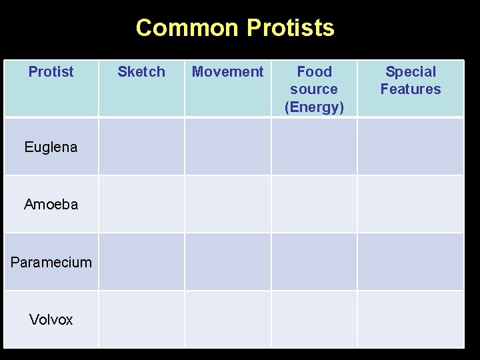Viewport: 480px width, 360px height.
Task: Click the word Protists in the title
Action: [x=290, y=28]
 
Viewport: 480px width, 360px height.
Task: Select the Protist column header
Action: [x=51, y=72]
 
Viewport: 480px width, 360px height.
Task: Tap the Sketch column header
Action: [x=141, y=72]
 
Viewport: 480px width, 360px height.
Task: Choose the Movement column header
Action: [x=227, y=72]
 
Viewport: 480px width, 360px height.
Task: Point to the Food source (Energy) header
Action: [x=314, y=89]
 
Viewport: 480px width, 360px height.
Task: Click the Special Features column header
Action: [x=411, y=80]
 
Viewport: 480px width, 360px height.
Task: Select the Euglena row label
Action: [x=51, y=147]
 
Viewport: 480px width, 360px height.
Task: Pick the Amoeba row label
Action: [x=51, y=205]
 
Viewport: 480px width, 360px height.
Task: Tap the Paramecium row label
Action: [x=51, y=262]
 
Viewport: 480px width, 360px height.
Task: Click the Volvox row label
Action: [x=51, y=320]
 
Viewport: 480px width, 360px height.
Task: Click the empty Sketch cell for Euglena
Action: [x=141, y=147]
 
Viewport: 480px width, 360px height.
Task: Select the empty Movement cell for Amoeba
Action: [x=227, y=204]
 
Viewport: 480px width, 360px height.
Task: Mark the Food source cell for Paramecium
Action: [x=314, y=261]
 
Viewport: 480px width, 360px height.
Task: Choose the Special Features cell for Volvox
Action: [x=411, y=319]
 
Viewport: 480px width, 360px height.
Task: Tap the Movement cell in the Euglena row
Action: [x=227, y=147]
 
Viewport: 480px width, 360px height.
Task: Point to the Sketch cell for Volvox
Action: [x=141, y=319]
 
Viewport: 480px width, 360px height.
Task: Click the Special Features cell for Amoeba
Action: [x=411, y=204]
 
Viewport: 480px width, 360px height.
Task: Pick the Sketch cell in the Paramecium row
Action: [x=141, y=261]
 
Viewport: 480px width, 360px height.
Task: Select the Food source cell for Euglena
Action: [x=314, y=147]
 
